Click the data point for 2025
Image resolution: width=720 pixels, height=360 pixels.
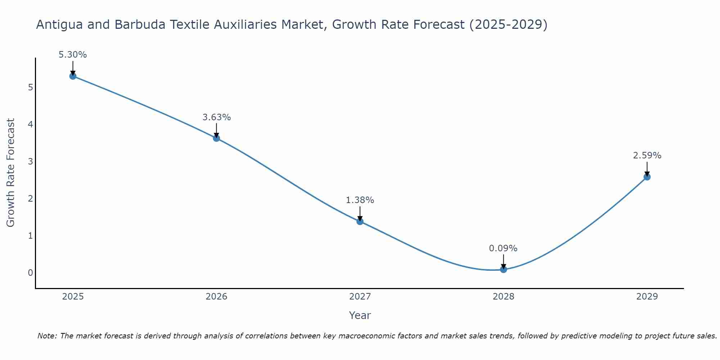pos(73,76)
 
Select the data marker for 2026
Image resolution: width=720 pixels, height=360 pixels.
pos(216,138)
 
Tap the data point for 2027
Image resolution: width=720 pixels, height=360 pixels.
pos(360,221)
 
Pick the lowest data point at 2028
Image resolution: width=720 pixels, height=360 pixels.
pos(503,269)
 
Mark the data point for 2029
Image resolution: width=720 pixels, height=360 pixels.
pos(647,177)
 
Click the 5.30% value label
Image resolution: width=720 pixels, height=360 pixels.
pos(73,55)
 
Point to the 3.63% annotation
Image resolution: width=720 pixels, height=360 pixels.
pos(216,117)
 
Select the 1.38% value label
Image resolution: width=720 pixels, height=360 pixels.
pos(360,200)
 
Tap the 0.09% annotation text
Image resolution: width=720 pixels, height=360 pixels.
pos(503,248)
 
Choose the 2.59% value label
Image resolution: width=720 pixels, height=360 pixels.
pos(647,156)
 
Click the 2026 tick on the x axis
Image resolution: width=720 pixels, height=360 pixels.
pos(216,297)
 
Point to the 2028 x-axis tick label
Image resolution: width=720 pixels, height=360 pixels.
pos(503,297)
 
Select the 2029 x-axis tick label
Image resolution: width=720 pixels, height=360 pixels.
pos(647,297)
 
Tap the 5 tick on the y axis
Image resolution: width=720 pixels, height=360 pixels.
pos(30,87)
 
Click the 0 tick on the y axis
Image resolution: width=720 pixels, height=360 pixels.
pos(30,273)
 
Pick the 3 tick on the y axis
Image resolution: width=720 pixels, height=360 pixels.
pos(30,162)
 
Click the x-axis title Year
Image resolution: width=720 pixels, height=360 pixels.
pos(360,315)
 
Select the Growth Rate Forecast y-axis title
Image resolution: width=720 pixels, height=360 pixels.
pos(11,173)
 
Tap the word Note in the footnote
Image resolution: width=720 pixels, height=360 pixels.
pos(46,336)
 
